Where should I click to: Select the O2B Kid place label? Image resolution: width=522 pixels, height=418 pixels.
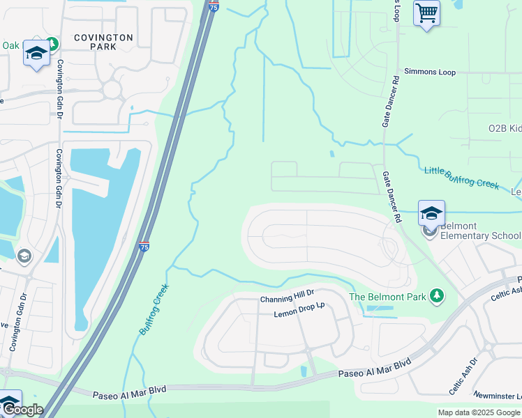tap(505, 129)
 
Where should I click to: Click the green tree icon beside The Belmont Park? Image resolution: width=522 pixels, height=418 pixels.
tap(438, 296)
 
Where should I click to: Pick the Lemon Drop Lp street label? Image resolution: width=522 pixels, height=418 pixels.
tap(300, 310)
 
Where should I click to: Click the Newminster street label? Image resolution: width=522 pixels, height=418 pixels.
tap(498, 396)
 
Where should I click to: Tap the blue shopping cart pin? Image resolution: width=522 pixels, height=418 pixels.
tap(426, 13)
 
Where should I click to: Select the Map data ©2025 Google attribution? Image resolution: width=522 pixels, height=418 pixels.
tap(479, 412)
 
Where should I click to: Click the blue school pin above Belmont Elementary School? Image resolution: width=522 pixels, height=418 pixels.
tap(431, 213)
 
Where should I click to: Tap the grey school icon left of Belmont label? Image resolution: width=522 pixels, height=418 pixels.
tap(430, 231)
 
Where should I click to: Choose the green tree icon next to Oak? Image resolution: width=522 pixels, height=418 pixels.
tap(50, 44)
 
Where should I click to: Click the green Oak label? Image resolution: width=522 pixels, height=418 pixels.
tap(10, 45)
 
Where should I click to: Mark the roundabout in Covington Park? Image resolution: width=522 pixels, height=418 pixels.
tap(112, 89)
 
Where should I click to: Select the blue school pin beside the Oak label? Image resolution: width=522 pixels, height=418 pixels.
tap(35, 54)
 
